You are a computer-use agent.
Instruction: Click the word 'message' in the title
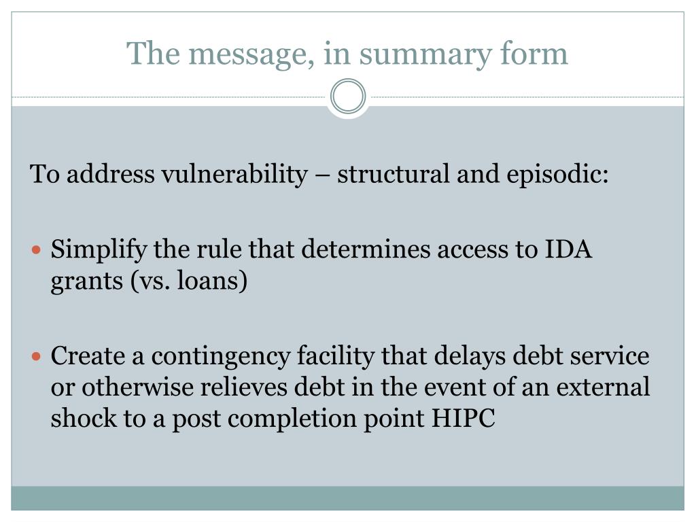pyautogui.click(x=244, y=53)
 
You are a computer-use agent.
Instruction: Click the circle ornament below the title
pyautogui.click(x=348, y=97)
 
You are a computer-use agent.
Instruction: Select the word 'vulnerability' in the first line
pyautogui.click(x=234, y=175)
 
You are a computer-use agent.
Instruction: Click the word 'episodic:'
pyautogui.click(x=557, y=175)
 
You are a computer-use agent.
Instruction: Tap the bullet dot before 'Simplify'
pyautogui.click(x=37, y=250)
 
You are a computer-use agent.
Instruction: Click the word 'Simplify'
pyautogui.click(x=99, y=250)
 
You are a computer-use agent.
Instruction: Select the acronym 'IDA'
pyautogui.click(x=569, y=250)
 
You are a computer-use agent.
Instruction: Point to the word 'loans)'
pyautogui.click(x=212, y=281)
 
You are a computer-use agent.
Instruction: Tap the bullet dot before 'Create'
pyautogui.click(x=37, y=356)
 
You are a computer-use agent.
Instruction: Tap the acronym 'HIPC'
pyautogui.click(x=464, y=418)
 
